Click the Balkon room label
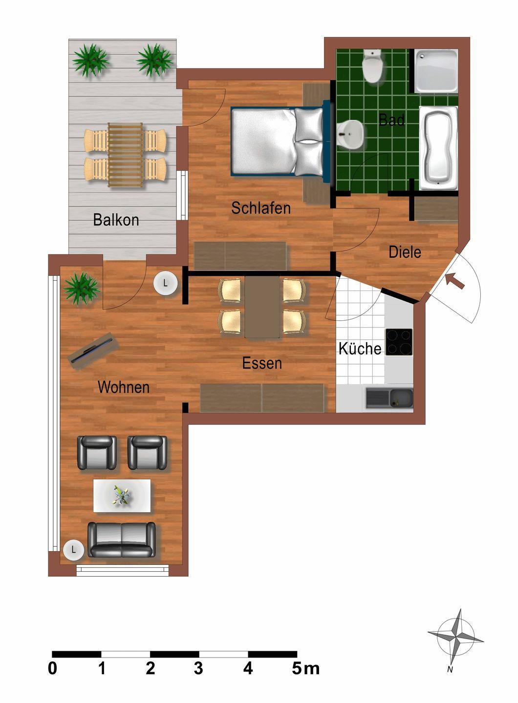click(x=116, y=220)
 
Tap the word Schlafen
click(x=261, y=208)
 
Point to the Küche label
click(x=360, y=348)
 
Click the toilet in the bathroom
click(x=372, y=66)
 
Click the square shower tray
click(x=436, y=71)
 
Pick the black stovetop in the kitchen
click(x=399, y=342)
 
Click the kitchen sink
click(x=389, y=398)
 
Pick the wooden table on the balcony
click(x=125, y=155)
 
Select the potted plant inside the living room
click(x=82, y=288)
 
